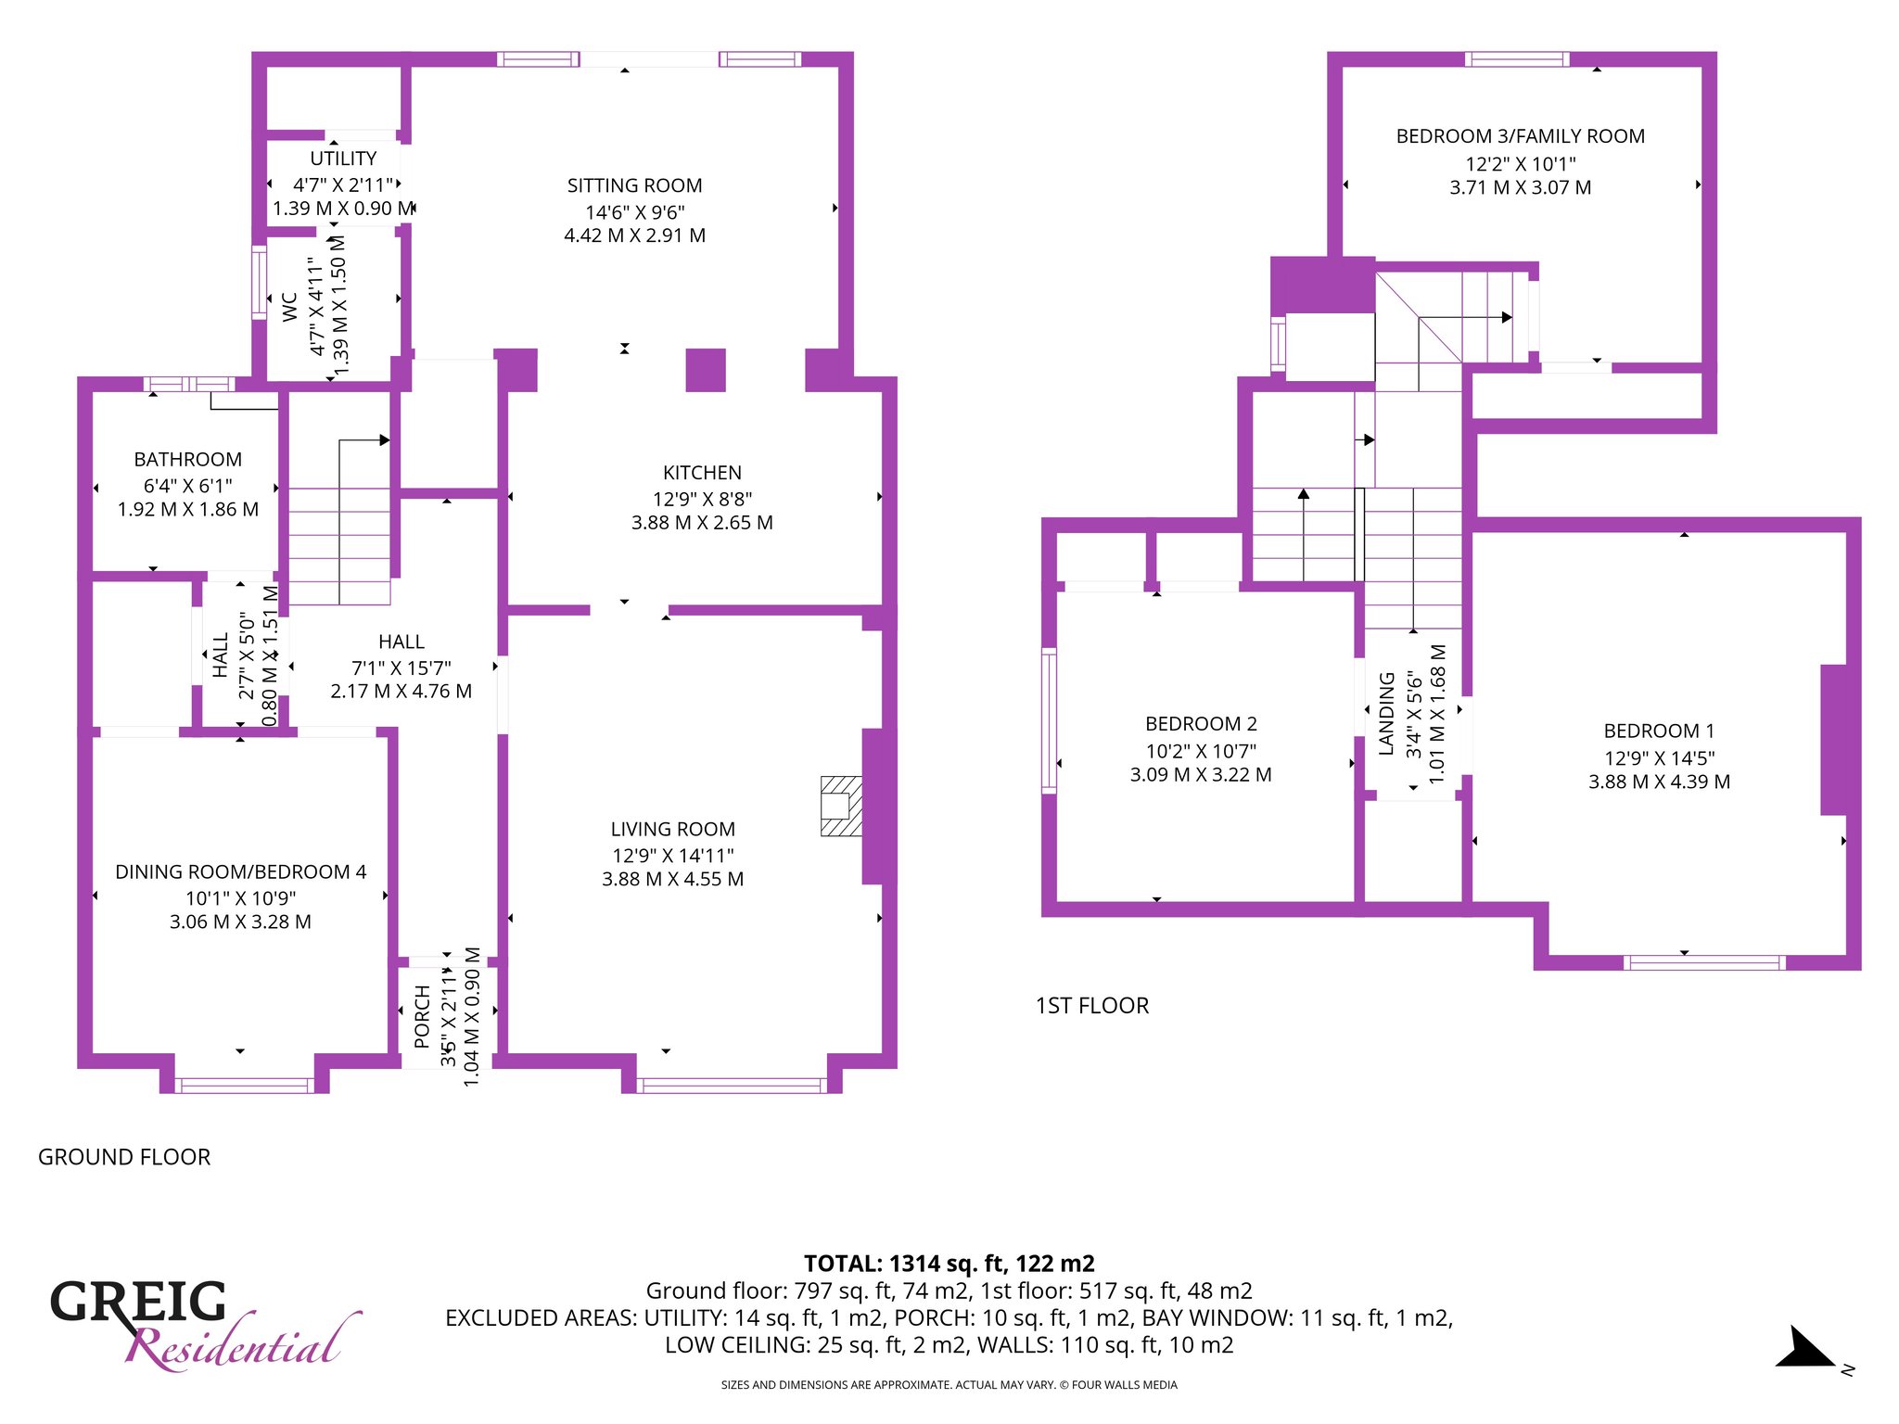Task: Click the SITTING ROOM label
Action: point(634,185)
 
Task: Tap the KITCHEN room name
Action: point(702,473)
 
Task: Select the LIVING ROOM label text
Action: point(672,830)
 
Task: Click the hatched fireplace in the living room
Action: point(841,806)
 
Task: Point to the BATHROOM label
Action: point(187,460)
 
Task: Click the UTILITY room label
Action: point(343,159)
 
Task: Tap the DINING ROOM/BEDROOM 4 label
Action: point(240,872)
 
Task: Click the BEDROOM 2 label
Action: point(1201,724)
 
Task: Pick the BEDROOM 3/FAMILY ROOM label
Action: point(1521,136)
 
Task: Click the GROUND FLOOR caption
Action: point(124,1157)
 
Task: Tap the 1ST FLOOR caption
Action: point(1092,1006)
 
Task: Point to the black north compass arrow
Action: point(1803,1348)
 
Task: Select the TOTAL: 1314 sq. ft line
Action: point(949,1264)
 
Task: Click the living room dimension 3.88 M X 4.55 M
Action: point(672,879)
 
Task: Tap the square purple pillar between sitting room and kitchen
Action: point(706,370)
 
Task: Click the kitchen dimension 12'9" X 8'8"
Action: point(702,499)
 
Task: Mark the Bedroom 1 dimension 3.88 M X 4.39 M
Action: point(1659,782)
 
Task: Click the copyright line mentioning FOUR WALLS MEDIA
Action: point(949,1385)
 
